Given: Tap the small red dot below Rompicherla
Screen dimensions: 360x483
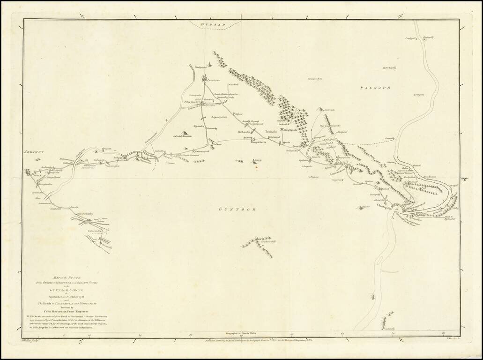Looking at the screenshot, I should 256,167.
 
